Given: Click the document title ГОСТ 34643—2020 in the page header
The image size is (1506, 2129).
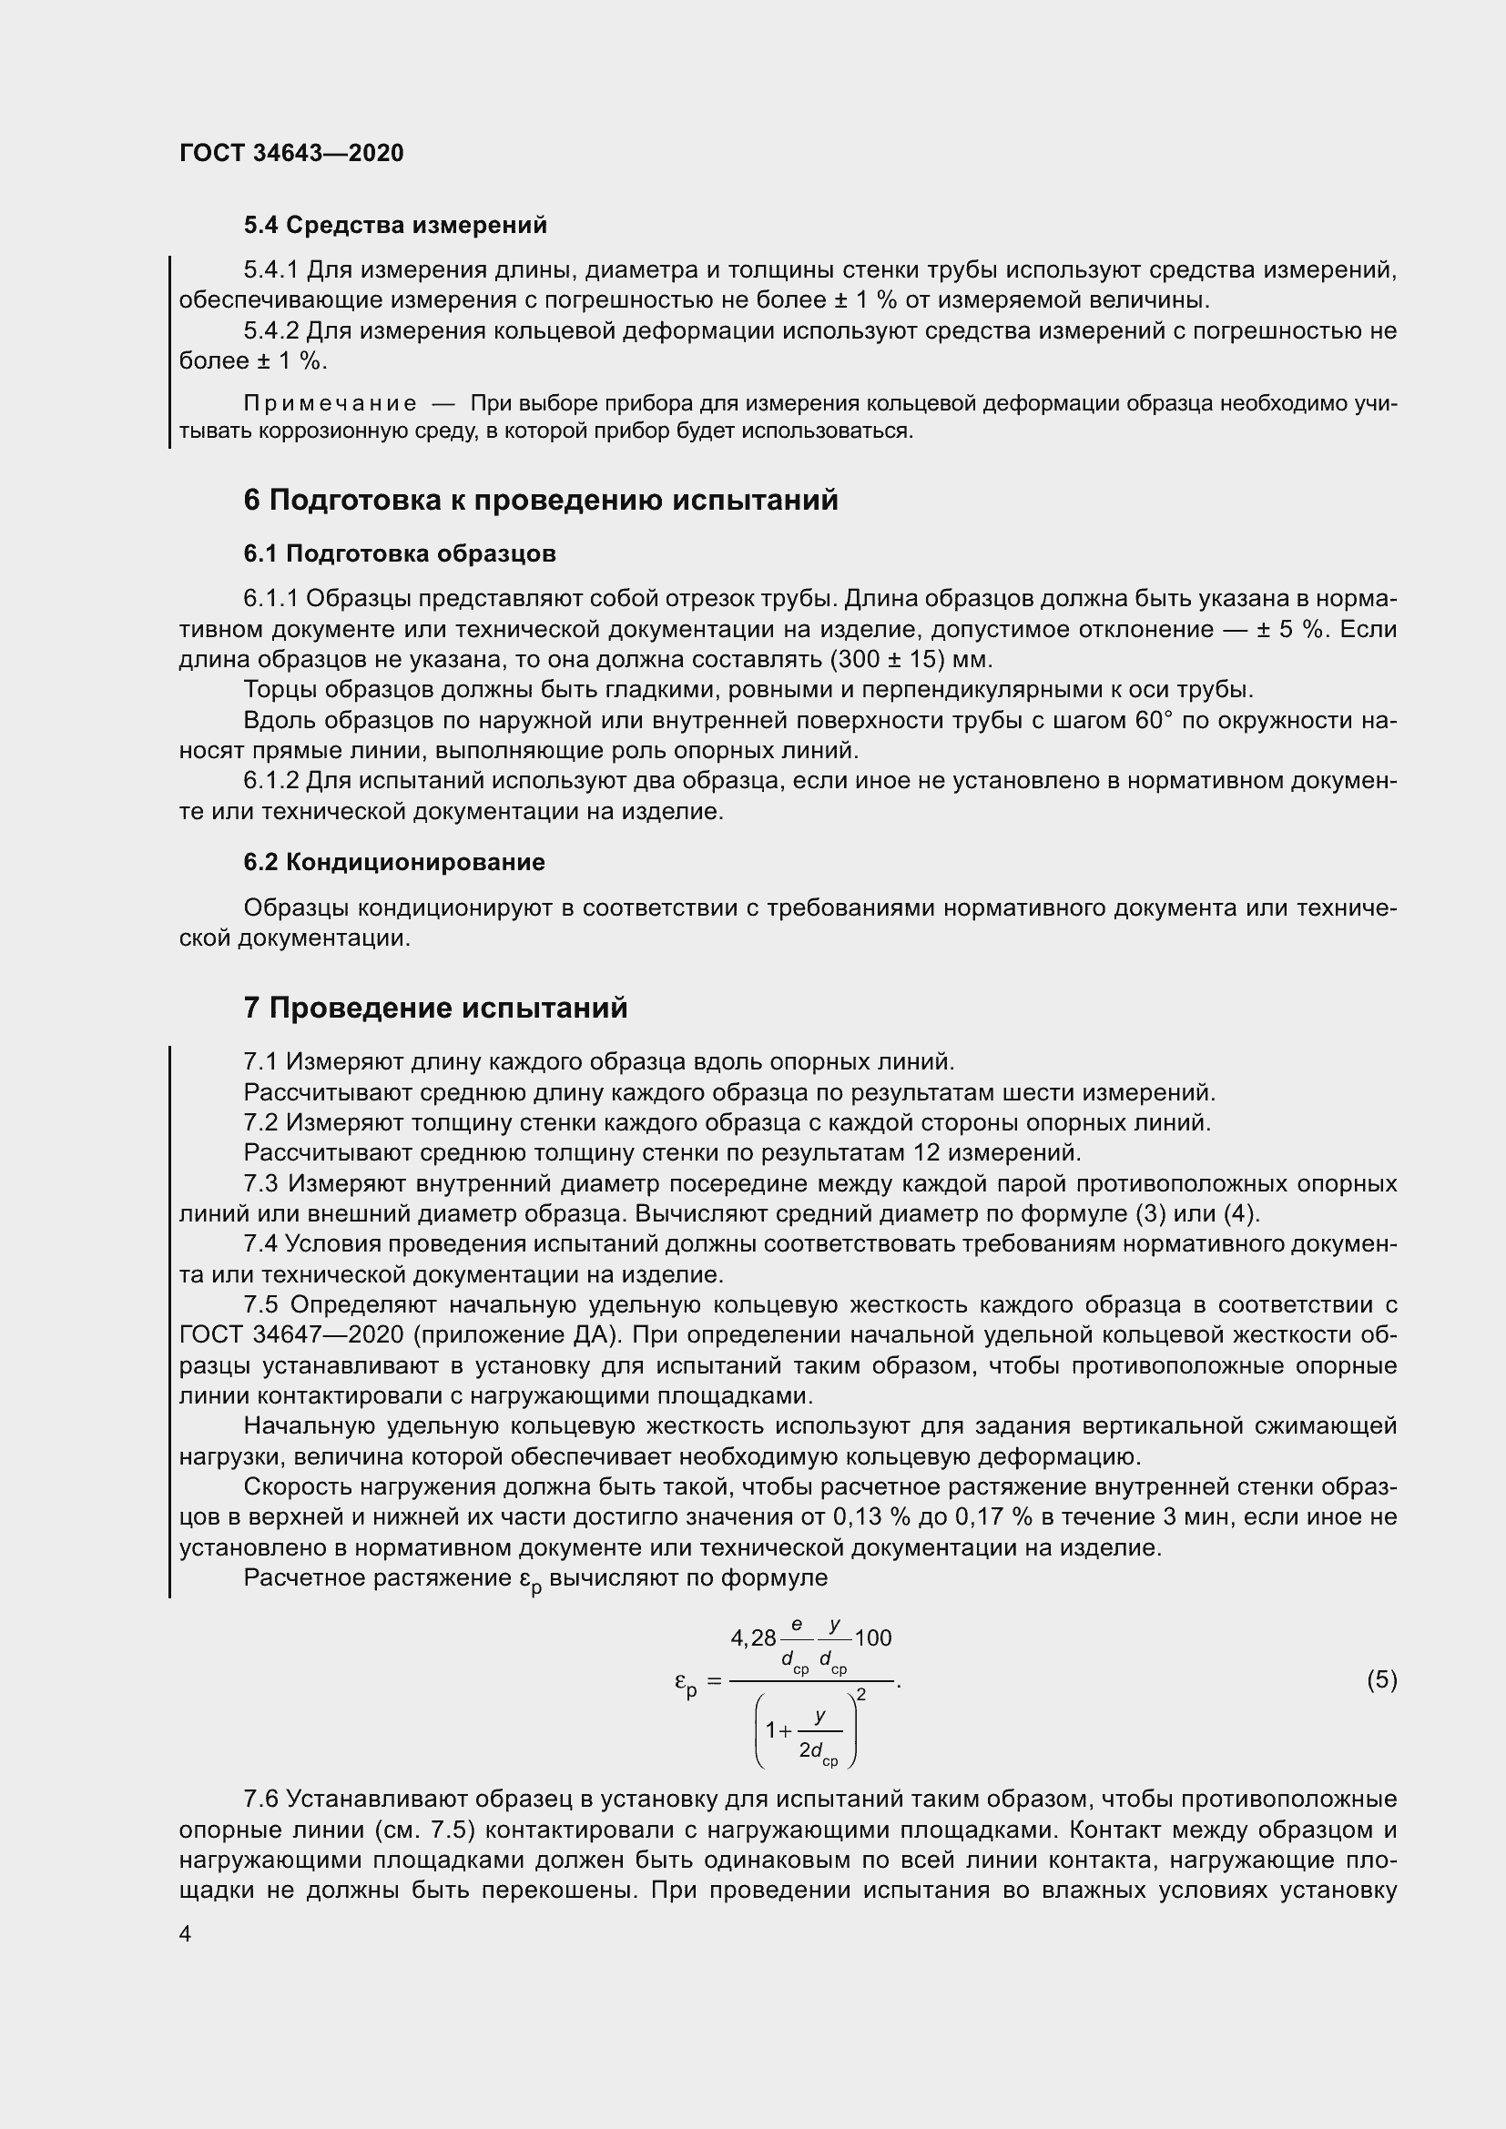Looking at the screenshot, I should tap(291, 153).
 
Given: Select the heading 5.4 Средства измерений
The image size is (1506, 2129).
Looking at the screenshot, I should tap(395, 226).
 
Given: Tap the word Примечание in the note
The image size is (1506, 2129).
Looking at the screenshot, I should tap(330, 403).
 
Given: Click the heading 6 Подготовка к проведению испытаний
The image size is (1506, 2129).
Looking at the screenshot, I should tap(541, 501).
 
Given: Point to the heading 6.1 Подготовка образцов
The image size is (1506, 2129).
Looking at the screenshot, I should tap(400, 554).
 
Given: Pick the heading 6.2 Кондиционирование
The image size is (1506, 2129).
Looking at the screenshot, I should tap(394, 862).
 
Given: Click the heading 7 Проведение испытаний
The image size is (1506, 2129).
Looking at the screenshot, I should tap(435, 1009).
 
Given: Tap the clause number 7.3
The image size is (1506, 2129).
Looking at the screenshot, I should tap(261, 1184).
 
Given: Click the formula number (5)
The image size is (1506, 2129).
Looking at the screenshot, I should tap(1381, 1679).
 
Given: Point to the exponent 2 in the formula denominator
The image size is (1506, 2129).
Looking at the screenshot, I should tap(861, 1695).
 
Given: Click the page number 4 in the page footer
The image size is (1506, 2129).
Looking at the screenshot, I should tap(186, 1934).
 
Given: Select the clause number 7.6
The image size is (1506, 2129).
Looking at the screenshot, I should tap(260, 1800).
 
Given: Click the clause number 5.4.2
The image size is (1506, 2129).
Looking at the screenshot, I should tap(270, 331).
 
